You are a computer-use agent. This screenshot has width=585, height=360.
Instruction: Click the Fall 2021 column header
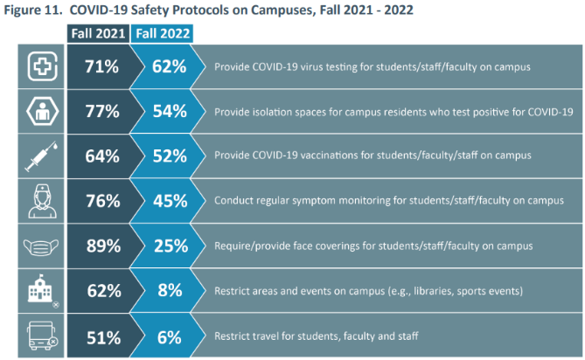(99, 33)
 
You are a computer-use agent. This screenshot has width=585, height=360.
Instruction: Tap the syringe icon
(41, 156)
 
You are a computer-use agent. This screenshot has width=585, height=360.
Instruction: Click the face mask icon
(41, 246)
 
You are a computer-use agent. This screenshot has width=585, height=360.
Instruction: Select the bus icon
(41, 335)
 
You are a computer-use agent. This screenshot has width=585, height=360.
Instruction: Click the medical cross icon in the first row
(41, 66)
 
